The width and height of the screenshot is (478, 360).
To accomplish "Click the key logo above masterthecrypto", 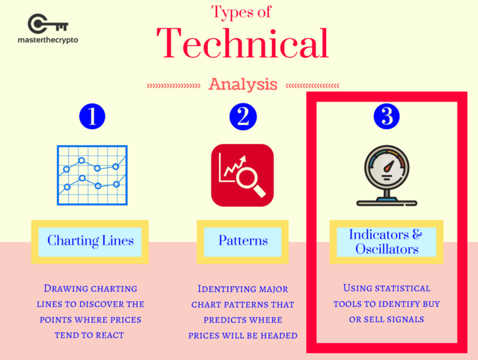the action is click(48, 24).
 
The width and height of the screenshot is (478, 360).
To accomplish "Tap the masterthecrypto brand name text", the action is click(48, 40).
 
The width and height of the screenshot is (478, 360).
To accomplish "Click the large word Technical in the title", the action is click(243, 43).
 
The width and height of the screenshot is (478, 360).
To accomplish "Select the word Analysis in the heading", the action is click(243, 84).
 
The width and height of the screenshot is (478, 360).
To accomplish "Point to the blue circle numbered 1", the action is click(92, 116).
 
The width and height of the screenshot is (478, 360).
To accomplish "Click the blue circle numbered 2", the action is click(243, 116).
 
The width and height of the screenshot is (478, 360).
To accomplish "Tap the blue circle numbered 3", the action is click(387, 116).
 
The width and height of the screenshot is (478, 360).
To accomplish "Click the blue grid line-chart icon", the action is click(92, 175).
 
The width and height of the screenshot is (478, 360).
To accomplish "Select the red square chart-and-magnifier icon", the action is click(242, 176).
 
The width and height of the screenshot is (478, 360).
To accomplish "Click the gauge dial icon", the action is click(387, 176).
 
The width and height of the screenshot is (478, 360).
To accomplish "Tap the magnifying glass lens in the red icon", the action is click(247, 179).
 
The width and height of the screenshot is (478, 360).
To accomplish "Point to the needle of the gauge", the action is click(389, 166).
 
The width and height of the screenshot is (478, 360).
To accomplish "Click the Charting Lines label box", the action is click(90, 242).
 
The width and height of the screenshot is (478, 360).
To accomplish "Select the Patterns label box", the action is click(243, 242).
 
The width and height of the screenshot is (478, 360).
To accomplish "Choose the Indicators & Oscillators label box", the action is click(387, 242).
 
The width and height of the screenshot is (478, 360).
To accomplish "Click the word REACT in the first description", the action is click(110, 335).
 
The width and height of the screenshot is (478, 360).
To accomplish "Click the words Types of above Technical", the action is click(241, 12).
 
